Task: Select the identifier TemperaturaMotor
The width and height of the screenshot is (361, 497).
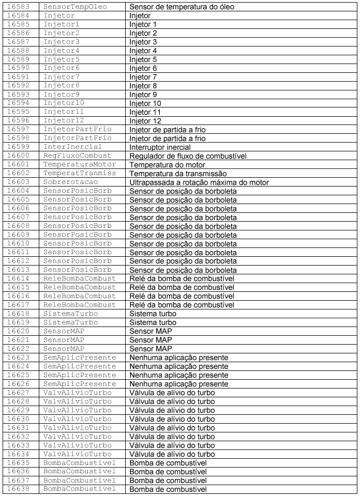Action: (x=79, y=164)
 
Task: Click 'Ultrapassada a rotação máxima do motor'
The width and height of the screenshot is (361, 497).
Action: (x=199, y=182)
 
